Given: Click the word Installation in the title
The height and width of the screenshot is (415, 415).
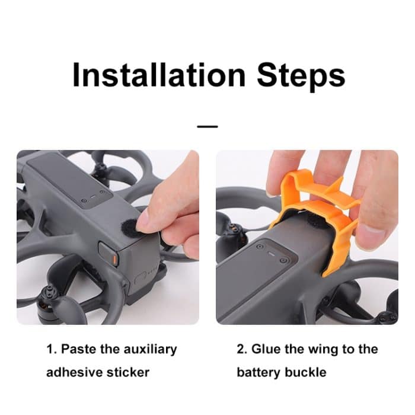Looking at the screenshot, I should tap(159, 75).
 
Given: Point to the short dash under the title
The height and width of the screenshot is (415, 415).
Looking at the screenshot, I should tap(207, 126).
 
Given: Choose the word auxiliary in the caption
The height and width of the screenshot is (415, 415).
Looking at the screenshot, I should tap(151, 349).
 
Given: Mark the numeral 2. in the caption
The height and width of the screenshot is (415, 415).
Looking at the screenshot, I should tap(241, 349).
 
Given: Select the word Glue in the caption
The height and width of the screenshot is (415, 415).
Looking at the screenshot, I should tap(266, 349).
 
